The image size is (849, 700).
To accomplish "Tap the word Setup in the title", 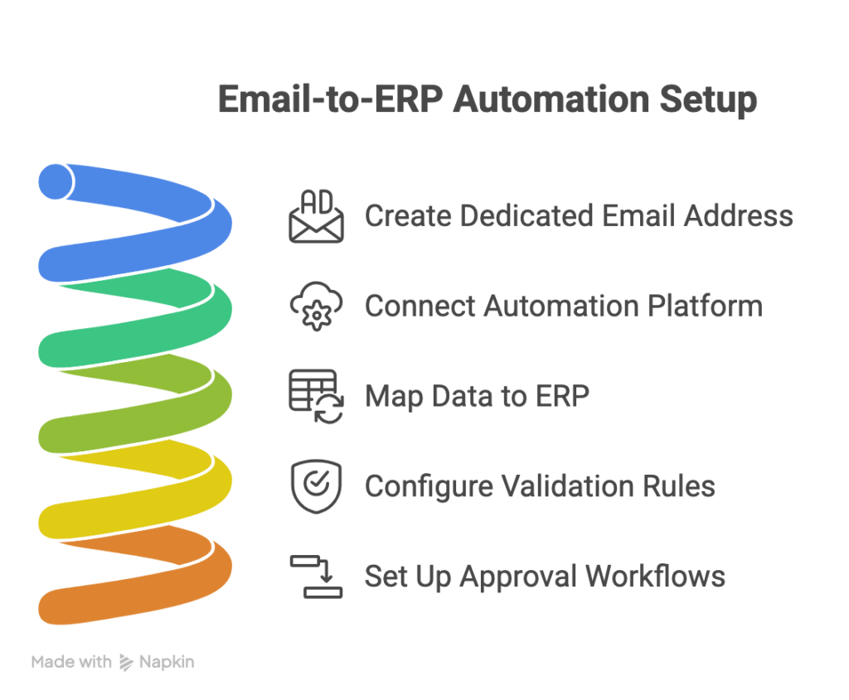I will (x=708, y=100).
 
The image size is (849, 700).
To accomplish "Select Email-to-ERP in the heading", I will (x=331, y=100).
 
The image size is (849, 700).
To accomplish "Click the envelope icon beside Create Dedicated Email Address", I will (x=316, y=217).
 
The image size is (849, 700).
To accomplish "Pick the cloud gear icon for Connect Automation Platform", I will (x=316, y=307).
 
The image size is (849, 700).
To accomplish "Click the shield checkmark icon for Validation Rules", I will (x=316, y=486).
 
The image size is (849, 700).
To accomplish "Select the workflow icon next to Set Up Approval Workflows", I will (x=316, y=577).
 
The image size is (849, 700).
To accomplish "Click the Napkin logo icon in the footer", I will (x=127, y=662).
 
